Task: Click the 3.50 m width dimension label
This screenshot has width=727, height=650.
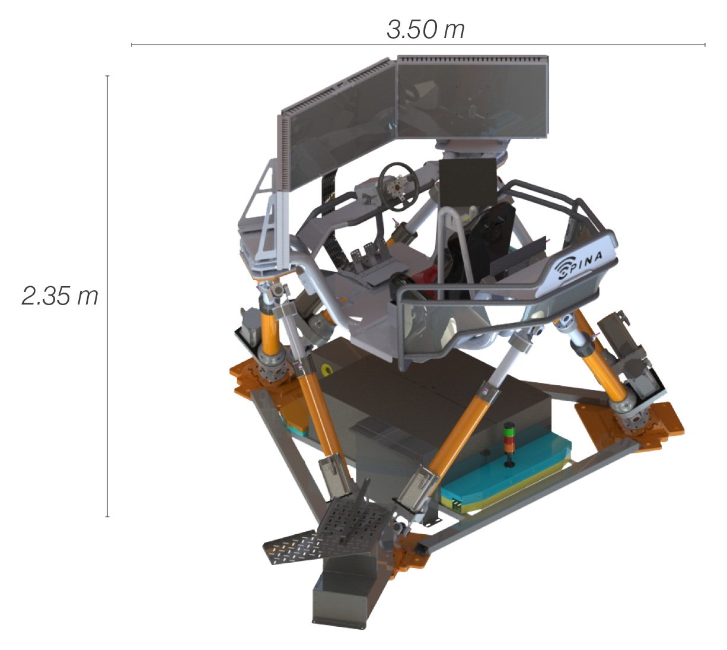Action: point(426,30)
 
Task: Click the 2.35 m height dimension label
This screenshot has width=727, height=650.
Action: point(60,296)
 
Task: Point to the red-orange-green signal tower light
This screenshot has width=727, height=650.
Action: point(508,445)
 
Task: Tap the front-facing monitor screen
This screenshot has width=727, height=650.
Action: point(473,97)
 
